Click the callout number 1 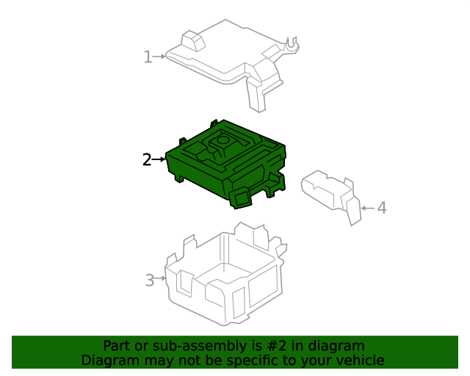(148, 57)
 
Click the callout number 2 (147, 159)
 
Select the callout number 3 (150, 280)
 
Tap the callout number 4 (381, 208)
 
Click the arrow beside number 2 (159, 159)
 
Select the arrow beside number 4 (366, 209)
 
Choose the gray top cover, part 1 (220, 59)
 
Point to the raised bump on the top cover (192, 40)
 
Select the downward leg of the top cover (256, 95)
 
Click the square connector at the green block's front (240, 195)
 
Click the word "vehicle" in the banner (360, 361)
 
